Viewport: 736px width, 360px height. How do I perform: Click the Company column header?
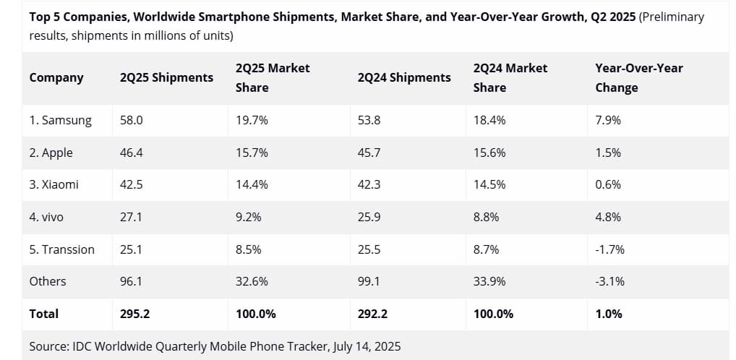[56, 77]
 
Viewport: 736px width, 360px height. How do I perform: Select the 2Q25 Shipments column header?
[166, 77]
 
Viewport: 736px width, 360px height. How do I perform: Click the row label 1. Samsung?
[61, 121]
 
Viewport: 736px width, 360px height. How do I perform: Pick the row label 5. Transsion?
[62, 249]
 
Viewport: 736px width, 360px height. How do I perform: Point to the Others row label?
[48, 281]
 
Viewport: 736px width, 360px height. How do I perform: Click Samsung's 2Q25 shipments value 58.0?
[132, 121]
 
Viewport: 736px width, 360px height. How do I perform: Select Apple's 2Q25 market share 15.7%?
[252, 153]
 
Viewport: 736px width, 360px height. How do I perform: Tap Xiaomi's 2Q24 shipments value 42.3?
[369, 184]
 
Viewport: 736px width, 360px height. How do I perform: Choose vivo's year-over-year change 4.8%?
[608, 216]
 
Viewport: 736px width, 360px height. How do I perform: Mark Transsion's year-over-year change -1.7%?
[609, 249]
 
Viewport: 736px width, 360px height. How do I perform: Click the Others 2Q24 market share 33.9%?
[489, 281]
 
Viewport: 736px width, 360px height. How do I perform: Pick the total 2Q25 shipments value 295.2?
[134, 314]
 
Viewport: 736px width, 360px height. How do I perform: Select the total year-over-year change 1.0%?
[608, 314]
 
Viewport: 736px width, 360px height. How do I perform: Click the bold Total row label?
[44, 314]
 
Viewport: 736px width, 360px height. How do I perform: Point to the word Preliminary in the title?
[672, 17]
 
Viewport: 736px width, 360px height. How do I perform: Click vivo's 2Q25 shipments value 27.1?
[131, 216]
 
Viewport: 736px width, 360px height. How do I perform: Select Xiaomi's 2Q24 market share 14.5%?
[489, 184]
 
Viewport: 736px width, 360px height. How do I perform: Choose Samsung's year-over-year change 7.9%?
[608, 121]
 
